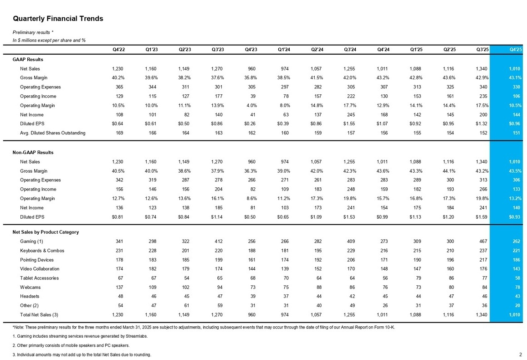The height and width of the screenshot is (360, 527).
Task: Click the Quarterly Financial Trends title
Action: [x=58, y=19]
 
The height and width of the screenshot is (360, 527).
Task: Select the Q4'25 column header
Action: [x=516, y=49]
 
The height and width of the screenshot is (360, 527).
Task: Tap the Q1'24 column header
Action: [x=284, y=49]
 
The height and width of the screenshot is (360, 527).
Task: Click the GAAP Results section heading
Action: [x=28, y=60]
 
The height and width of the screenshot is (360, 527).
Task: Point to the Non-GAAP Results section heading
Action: [x=33, y=152]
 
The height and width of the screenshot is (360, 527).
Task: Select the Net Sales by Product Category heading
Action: [x=46, y=232]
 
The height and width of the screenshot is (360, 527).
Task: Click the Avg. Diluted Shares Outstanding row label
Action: [x=53, y=133]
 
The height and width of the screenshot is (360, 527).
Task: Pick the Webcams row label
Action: [x=30, y=288]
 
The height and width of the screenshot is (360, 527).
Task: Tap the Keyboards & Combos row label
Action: [x=42, y=251]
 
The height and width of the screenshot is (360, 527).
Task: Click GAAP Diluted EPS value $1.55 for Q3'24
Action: [x=349, y=123]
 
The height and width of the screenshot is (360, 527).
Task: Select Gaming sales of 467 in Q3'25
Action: [x=483, y=242]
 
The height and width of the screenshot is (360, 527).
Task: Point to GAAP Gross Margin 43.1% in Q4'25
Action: [x=515, y=77]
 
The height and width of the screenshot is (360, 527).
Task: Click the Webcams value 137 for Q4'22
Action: [x=119, y=288]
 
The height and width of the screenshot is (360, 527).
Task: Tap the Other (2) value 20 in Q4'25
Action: [x=517, y=306]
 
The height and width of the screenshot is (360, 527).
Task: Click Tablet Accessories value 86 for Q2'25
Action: [x=451, y=278]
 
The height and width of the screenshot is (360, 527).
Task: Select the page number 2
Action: [x=520, y=354]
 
